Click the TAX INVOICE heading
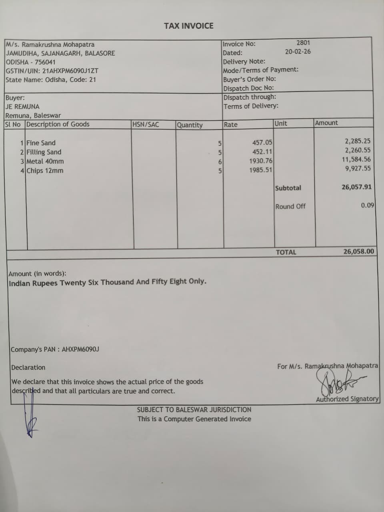coord(188,26)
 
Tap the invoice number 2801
coord(303,42)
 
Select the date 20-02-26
coord(298,52)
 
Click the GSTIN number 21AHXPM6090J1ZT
coord(70,71)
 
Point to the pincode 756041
coord(45,62)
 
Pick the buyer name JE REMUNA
coord(22,107)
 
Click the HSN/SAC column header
coord(146,124)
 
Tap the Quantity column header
coord(190,125)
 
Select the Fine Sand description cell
coord(41,143)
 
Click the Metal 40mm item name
coord(45,161)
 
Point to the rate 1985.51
coord(260,170)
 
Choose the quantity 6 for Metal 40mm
coord(220,162)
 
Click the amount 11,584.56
coord(356,159)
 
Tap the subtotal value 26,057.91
coord(356,187)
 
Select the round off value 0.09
coord(367,205)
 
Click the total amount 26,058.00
coord(359,251)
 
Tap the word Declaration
coord(28,367)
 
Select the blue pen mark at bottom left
coord(30,418)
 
